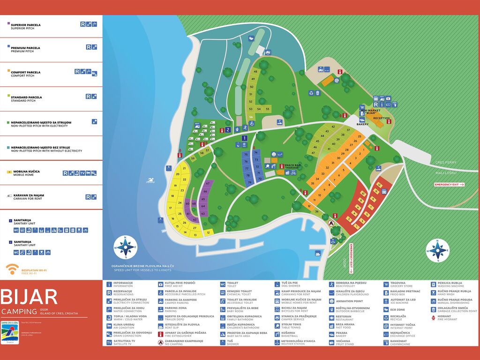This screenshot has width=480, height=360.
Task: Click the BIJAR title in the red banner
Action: (29, 297)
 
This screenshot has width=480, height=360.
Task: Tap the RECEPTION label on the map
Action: (381, 118)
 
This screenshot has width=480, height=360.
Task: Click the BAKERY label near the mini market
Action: (362, 125)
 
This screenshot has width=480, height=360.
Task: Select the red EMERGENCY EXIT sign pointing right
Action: (449, 185)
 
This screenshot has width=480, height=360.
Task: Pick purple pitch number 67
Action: (207, 184)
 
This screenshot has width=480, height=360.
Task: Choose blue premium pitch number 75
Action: (246, 154)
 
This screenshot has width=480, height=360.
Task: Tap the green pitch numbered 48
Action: (255, 72)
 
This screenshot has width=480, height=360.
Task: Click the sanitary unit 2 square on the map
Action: (228, 130)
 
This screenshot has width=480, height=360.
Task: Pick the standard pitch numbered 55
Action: (267, 108)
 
